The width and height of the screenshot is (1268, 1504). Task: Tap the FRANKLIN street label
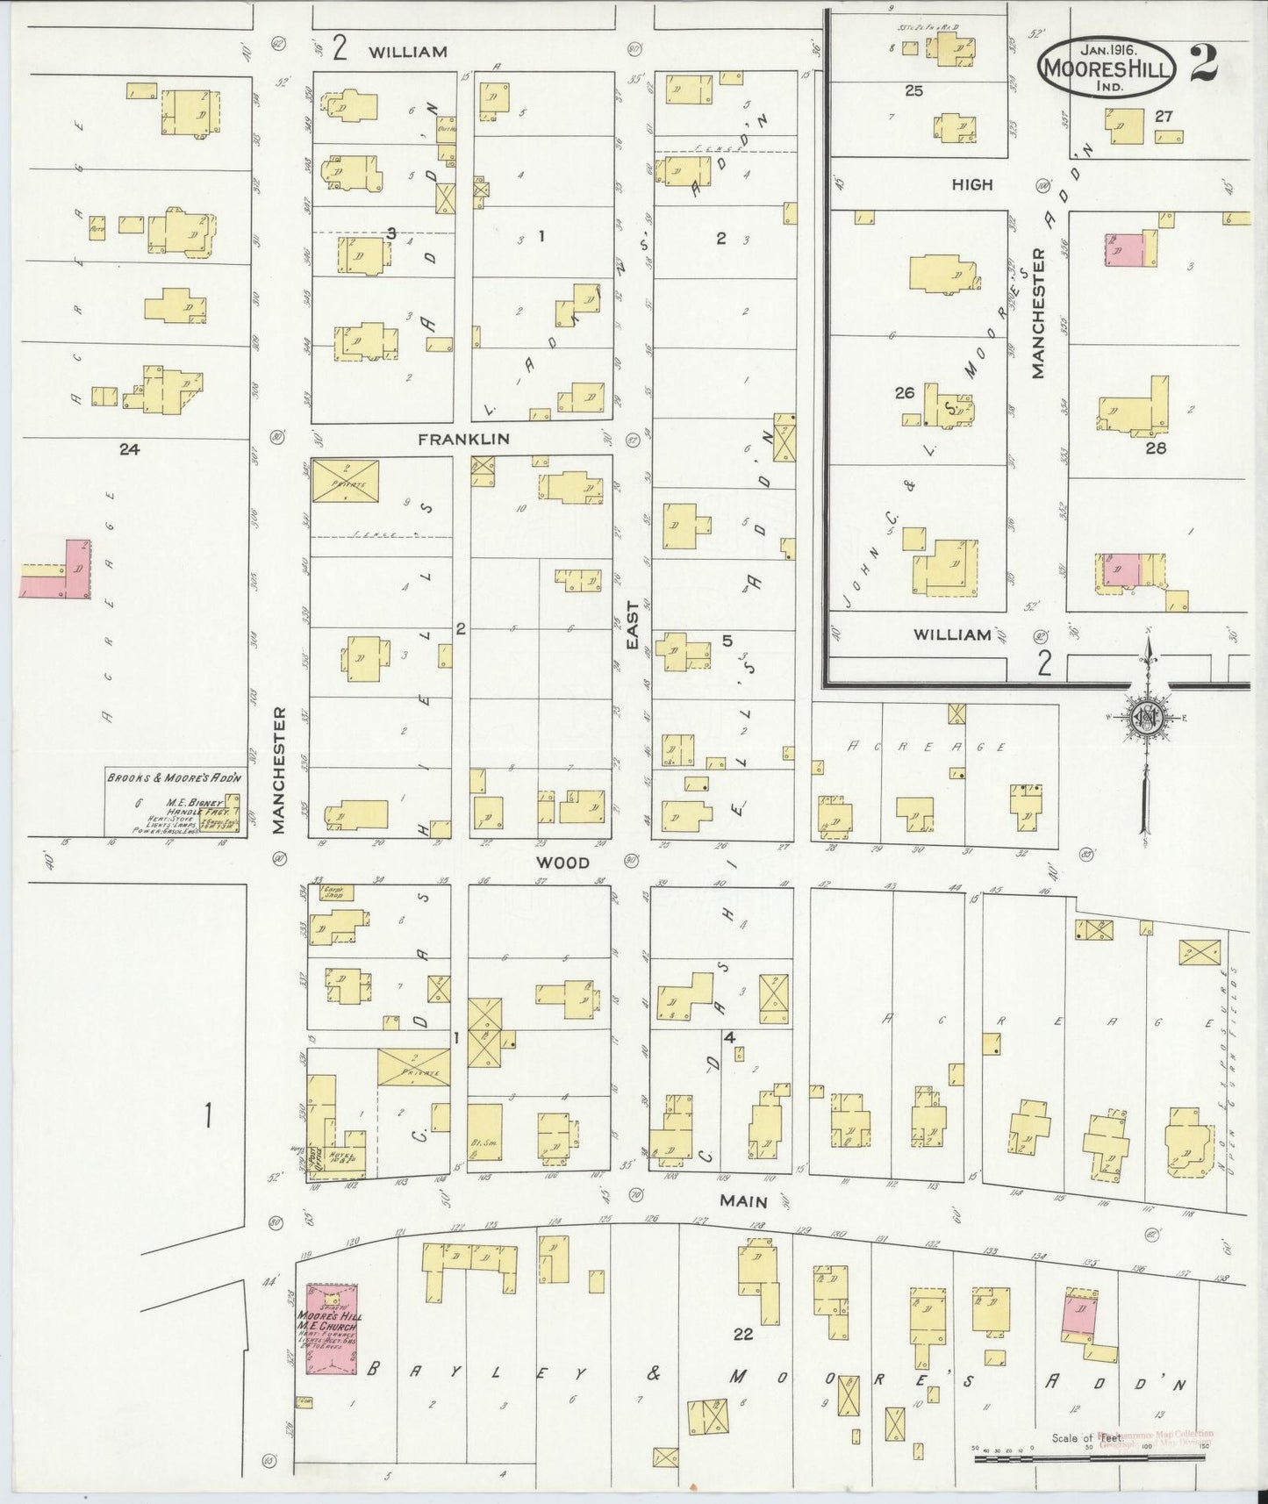click(463, 439)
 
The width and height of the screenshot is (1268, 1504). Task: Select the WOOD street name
click(563, 863)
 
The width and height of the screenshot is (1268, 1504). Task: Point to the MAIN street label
click(744, 1201)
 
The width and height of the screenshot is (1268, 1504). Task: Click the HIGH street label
click(971, 184)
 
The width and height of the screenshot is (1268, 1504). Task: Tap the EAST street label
click(631, 631)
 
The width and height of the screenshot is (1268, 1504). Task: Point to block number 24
click(130, 449)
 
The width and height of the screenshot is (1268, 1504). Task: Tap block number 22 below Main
click(742, 1334)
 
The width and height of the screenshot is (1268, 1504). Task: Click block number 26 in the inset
click(905, 393)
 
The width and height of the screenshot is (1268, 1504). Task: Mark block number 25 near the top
click(913, 90)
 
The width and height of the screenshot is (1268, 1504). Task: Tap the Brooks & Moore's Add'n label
click(174, 777)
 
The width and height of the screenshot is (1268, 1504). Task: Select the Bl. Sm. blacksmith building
click(484, 1135)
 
